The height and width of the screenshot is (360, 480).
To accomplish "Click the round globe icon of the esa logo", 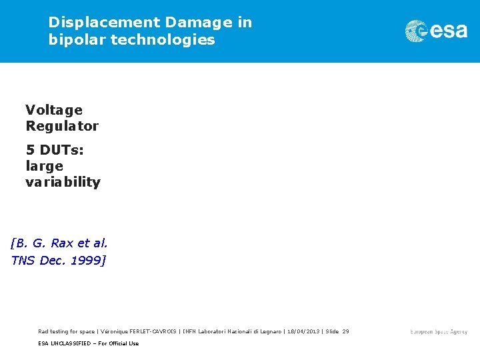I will [x=417, y=31].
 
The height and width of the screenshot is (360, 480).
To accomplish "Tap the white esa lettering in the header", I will [x=449, y=31].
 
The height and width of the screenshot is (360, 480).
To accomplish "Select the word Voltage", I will [x=54, y=110].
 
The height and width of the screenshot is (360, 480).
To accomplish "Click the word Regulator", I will [x=62, y=126].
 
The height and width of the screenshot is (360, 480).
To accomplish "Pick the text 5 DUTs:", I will [x=55, y=150].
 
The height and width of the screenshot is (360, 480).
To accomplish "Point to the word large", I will [x=44, y=166].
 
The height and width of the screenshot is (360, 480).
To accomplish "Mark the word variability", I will [x=63, y=182].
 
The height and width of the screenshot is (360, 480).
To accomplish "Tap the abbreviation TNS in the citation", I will [x=24, y=260].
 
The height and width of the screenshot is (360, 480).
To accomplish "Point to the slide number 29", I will [x=345, y=331].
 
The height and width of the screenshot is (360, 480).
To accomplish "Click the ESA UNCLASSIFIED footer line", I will [x=88, y=343].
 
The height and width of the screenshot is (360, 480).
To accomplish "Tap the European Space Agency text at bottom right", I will [x=439, y=331].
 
